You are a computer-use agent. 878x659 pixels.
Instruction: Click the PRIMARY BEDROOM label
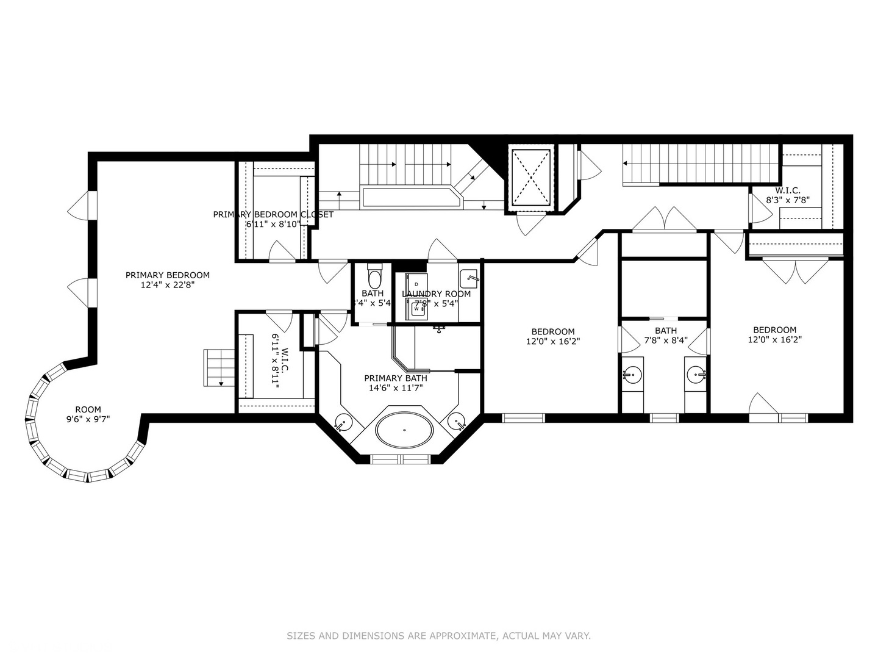pos(168,275)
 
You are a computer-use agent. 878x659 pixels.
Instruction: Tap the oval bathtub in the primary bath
pos(404,430)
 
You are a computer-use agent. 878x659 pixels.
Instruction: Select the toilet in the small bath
pos(374,278)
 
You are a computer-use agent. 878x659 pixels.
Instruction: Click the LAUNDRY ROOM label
pos(436,294)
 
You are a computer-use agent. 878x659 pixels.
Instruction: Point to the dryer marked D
pos(416,284)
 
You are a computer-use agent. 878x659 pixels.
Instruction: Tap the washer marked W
pos(417,309)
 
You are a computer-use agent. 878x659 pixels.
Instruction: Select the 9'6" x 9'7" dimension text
pos(88,419)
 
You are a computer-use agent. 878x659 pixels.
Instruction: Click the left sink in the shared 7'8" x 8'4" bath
pos(632,374)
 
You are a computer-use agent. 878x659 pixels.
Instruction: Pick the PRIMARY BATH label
pos(396,378)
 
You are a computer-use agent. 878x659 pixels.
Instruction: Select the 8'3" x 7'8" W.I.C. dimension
pos(788,200)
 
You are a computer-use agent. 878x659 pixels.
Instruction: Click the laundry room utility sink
pos(468,278)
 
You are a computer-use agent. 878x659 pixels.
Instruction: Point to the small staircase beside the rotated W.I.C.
pos(215,368)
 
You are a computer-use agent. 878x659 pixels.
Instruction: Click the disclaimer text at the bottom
pos(438,636)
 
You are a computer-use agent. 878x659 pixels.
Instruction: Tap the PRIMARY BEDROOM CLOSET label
pos(273,214)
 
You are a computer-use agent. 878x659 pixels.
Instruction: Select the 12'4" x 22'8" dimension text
pos(168,284)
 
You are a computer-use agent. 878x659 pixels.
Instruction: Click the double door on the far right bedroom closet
pos(796,270)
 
